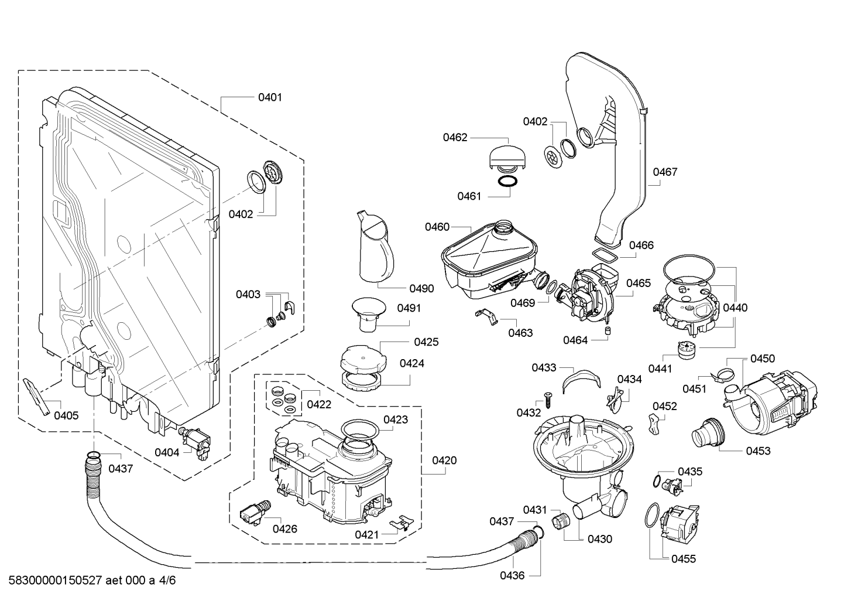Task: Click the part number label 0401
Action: [270, 97]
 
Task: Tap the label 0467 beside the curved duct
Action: [665, 172]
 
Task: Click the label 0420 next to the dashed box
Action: [444, 460]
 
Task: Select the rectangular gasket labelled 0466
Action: [605, 255]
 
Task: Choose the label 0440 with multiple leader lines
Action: [735, 308]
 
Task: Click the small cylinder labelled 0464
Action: [608, 332]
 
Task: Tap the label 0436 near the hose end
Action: [512, 575]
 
